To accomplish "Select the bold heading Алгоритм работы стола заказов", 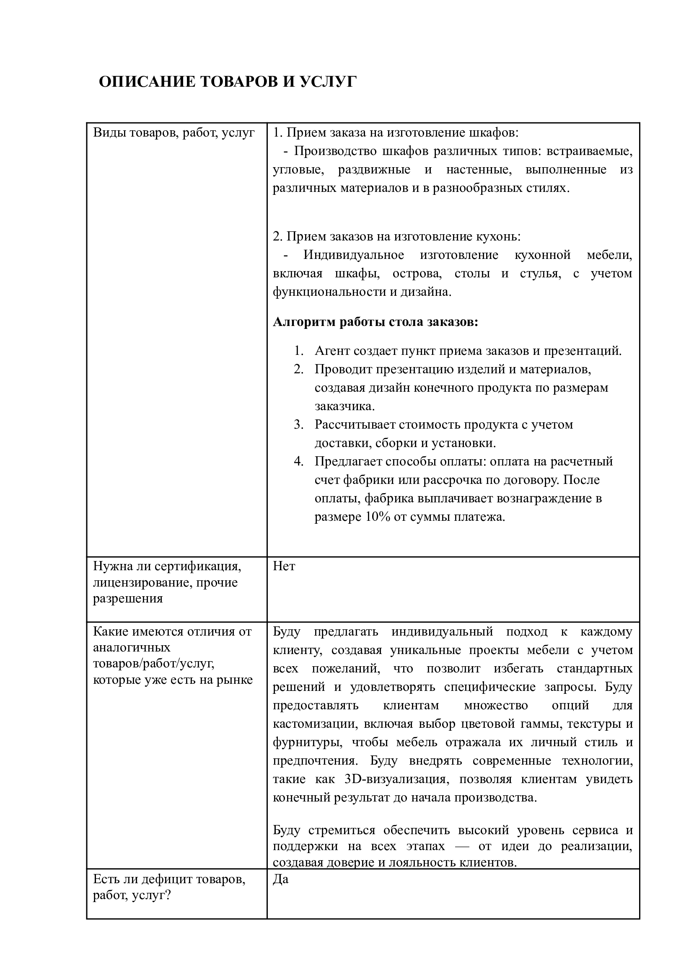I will point(375,322).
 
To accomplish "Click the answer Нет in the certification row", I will point(284,566).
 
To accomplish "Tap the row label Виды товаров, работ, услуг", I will point(174,133).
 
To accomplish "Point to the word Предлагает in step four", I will point(348,462).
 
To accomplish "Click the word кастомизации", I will point(311,724).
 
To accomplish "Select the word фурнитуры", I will point(307,742).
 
